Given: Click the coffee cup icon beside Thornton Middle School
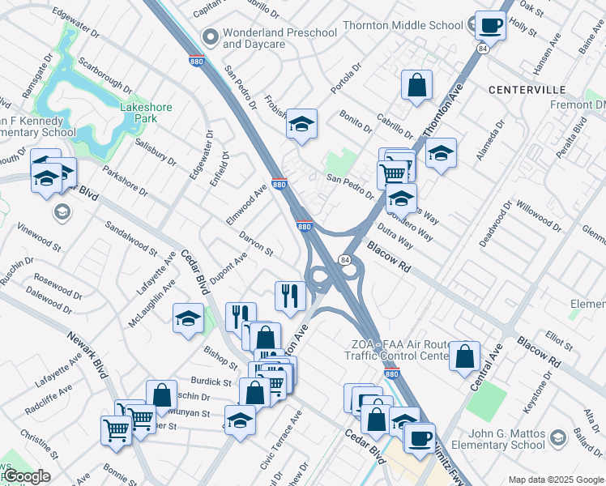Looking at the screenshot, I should click(490, 25).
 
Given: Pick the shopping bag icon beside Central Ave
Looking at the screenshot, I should click(465, 356).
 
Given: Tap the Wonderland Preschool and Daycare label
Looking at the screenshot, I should click(280, 38).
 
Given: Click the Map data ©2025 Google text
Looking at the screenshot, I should click(556, 480).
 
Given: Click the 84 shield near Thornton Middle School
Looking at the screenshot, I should click(483, 49).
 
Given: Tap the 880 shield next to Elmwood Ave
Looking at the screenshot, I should click(279, 184).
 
